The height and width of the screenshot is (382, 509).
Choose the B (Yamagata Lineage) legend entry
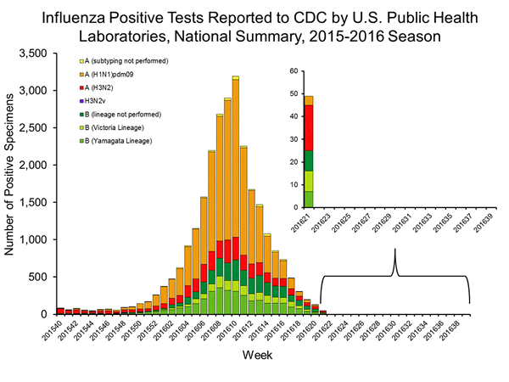pyautogui.click(x=110, y=140)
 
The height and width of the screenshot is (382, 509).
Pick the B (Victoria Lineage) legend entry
pyautogui.click(x=109, y=127)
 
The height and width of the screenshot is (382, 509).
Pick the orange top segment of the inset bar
pyautogui.click(x=309, y=100)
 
